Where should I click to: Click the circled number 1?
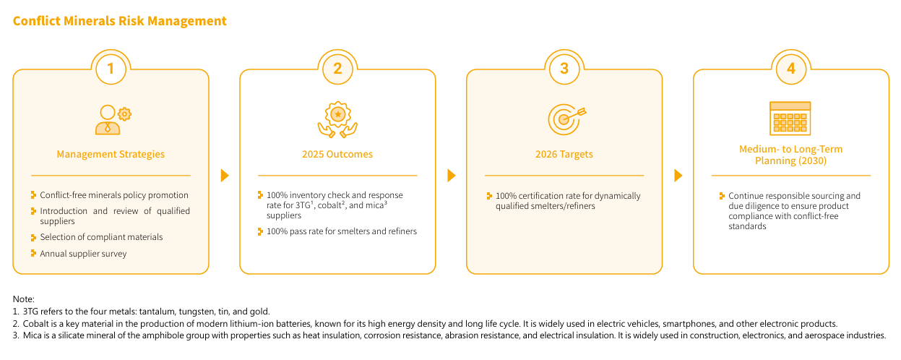111,69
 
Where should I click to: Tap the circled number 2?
337,69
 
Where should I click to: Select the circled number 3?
564,69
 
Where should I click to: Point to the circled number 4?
791,69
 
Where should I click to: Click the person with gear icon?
113,120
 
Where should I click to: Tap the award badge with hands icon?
337,119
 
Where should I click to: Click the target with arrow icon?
566,119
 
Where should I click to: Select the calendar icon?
790,119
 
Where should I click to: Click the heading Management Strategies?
111,155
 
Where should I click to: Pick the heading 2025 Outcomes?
337,155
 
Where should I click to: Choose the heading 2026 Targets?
564,155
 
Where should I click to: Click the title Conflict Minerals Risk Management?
119,21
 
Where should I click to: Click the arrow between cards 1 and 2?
225,176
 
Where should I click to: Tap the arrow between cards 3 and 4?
678,176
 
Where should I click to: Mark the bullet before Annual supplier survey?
33,254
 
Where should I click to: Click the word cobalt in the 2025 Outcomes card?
329,205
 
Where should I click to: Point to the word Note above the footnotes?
22,299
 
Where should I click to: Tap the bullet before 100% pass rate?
260,231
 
